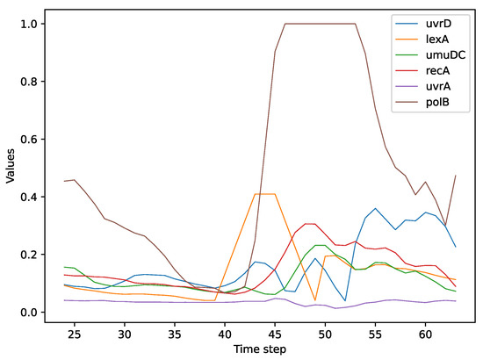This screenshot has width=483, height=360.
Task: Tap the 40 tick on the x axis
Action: pos(225,335)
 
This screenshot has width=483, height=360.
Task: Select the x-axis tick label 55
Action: pos(375,335)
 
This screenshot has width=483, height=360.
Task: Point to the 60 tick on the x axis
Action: pos(425,335)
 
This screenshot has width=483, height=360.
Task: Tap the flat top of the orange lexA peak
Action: pos(265,194)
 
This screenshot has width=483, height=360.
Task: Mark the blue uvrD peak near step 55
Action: pos(375,209)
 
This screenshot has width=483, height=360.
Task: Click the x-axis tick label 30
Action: pos(125,335)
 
